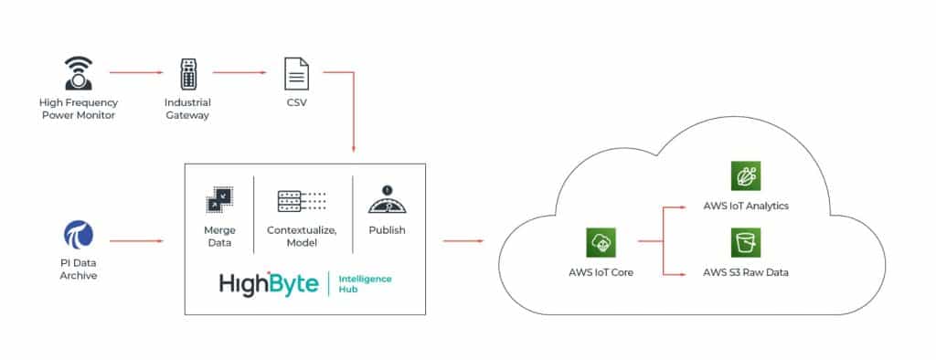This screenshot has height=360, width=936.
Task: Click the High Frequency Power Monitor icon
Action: click(x=78, y=74)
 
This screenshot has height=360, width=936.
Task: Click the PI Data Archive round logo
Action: click(x=78, y=236)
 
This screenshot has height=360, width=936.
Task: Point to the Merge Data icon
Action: click(x=218, y=201)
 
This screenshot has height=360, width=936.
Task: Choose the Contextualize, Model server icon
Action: click(x=303, y=201)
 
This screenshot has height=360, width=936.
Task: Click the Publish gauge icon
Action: click(x=387, y=199)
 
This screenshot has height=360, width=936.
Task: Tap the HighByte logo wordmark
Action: click(x=269, y=284)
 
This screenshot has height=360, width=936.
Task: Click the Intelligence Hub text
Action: click(x=364, y=284)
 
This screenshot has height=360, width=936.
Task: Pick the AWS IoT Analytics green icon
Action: click(x=746, y=176)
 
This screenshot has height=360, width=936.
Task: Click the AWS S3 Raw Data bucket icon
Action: click(x=746, y=243)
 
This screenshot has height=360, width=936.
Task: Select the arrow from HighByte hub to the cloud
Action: click(x=463, y=242)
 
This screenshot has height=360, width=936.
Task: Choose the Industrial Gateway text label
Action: click(x=186, y=109)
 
